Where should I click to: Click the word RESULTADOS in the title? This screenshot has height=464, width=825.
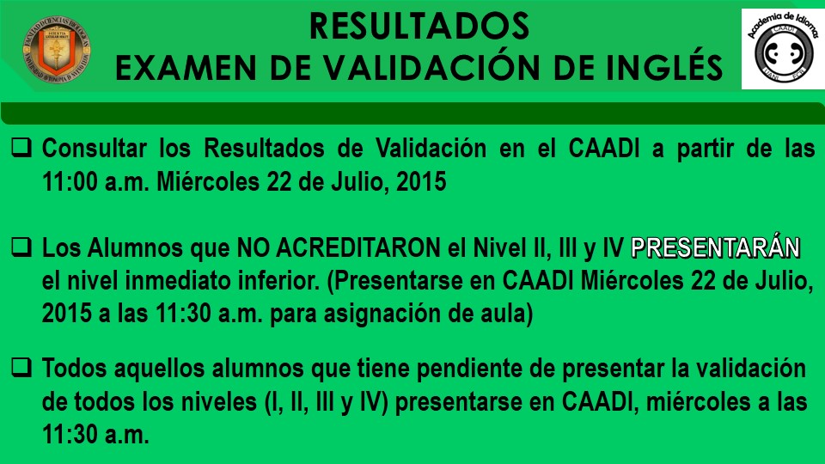click(419, 27)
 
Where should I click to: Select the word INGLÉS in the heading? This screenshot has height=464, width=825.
click(664, 66)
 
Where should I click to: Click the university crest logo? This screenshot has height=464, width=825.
click(57, 51)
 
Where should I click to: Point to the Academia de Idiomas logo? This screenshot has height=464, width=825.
click(783, 49)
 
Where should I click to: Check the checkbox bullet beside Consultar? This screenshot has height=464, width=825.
click(21, 147)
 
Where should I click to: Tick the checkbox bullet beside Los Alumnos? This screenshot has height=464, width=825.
click(21, 247)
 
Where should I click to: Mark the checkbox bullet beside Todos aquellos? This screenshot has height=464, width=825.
click(21, 367)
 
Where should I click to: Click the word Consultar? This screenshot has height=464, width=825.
click(95, 149)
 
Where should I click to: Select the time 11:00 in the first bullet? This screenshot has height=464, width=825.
click(70, 182)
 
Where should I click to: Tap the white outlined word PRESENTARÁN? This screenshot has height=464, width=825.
click(716, 247)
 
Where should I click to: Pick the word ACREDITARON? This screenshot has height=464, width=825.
click(358, 248)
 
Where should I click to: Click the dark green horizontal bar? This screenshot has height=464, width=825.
click(412, 113)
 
